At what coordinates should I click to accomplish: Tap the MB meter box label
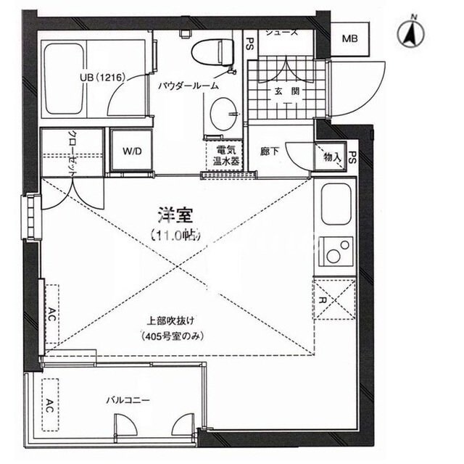tap(350, 38)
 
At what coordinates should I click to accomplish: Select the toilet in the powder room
tap(213, 53)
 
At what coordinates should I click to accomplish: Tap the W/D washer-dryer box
tap(131, 152)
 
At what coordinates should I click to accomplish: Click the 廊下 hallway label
tap(270, 152)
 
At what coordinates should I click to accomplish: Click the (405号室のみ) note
tap(171, 336)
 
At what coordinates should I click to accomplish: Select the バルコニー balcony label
tap(128, 399)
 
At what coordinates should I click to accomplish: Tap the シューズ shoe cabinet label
tap(281, 33)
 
